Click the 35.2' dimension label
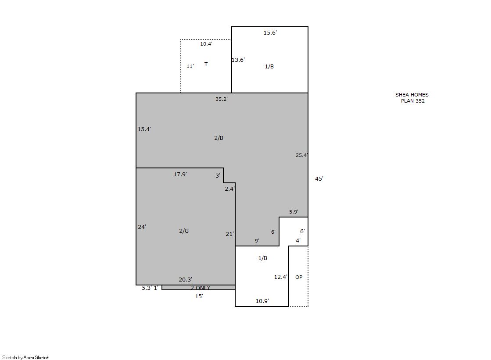coord(222,99)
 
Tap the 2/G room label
coord(184,231)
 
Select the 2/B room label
coord(219,138)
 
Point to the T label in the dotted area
coord(206,64)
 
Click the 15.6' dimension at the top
coord(270,32)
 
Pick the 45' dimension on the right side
coord(319,179)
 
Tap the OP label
coord(299,277)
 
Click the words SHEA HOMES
coord(412,95)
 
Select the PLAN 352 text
coord(413,101)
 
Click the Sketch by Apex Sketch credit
coord(26,357)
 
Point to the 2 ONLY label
coord(201,288)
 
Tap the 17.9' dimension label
coord(180,175)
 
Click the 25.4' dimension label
coord(302,155)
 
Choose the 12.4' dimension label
coord(281,277)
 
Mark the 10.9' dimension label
coord(262,301)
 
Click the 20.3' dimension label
coord(185,280)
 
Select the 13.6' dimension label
coord(238,60)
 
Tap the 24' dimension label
coord(142,227)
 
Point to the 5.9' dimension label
coord(294,212)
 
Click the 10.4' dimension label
coord(206,44)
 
